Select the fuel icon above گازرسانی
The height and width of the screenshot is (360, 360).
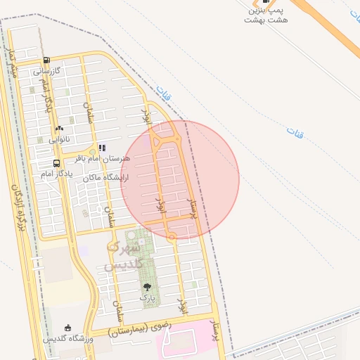coord(46,60)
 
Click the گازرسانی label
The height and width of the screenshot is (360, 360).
coord(48,71)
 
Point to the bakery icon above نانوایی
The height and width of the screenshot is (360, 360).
coord(59,129)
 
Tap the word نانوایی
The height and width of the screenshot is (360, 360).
coord(60,139)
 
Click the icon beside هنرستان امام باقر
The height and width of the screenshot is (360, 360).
coord(102,148)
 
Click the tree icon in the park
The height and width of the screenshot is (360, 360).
coord(147,287)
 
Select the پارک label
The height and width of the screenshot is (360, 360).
coord(146,298)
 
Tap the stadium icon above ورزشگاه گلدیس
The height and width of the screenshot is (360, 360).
coord(67,328)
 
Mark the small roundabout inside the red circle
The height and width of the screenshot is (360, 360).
coord(172,237)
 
